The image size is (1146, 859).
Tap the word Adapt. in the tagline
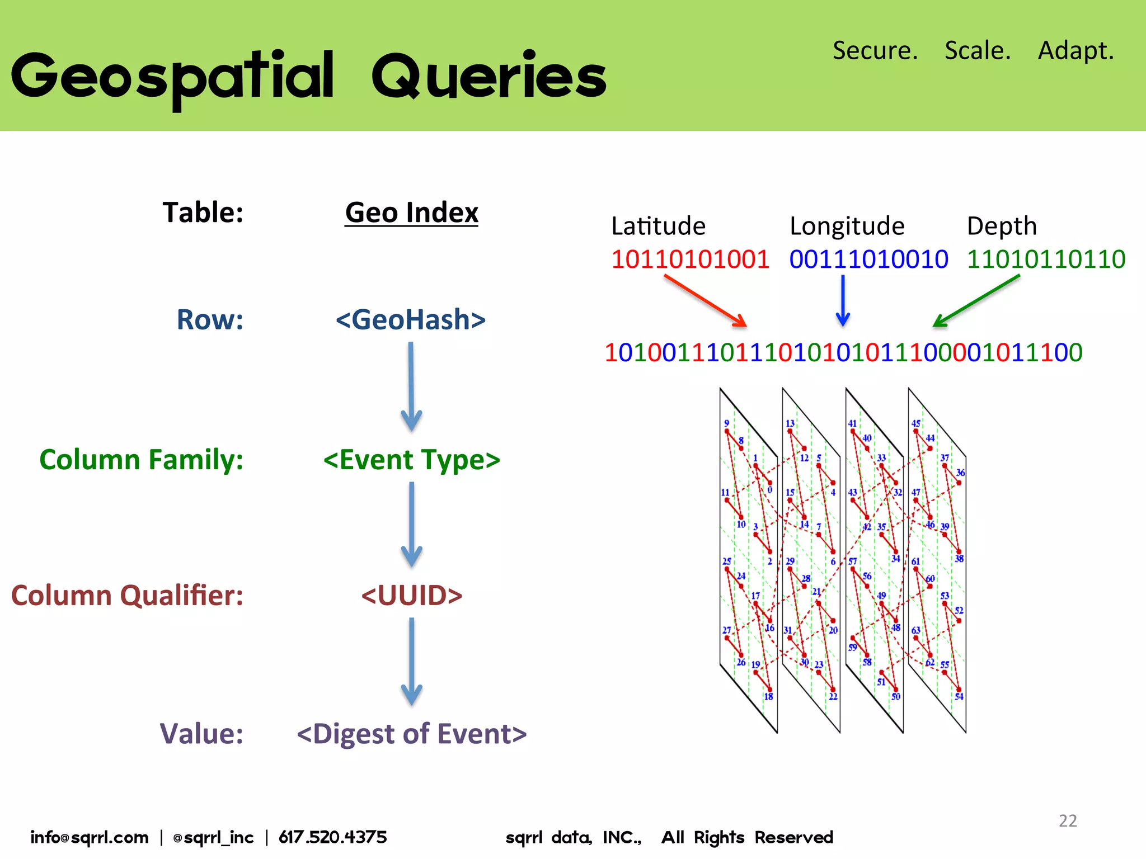pyautogui.click(x=1075, y=50)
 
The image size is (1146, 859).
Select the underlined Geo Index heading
pyautogui.click(x=411, y=213)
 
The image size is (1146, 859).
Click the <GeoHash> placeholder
pyautogui.click(x=410, y=319)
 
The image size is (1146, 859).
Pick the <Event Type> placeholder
pyautogui.click(x=411, y=460)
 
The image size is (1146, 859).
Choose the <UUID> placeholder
pyautogui.click(x=411, y=595)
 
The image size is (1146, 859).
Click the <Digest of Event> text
pyautogui.click(x=411, y=734)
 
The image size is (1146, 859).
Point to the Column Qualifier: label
pyautogui.click(x=128, y=595)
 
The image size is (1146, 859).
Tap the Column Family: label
pyautogui.click(x=142, y=460)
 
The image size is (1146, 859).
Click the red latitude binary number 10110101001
pyautogui.click(x=690, y=259)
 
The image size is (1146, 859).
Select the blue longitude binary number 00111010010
pyautogui.click(x=868, y=259)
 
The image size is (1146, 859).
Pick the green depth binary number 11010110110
pyautogui.click(x=1046, y=259)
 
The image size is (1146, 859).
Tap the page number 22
pyautogui.click(x=1068, y=820)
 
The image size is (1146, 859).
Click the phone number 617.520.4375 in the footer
pyautogui.click(x=332, y=837)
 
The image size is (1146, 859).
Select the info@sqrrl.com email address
pyautogui.click(x=90, y=837)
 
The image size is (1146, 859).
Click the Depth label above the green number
pyautogui.click(x=1002, y=226)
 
